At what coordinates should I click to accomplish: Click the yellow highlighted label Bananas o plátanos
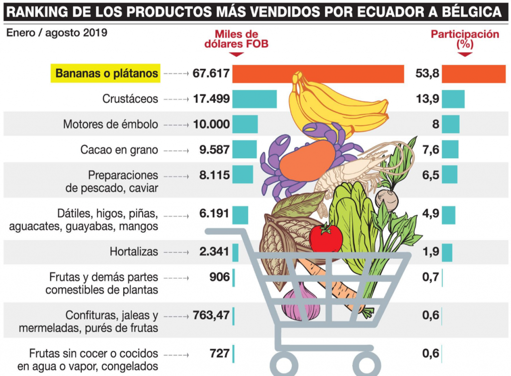pos(106,74)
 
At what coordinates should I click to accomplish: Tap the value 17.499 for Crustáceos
pos(211,99)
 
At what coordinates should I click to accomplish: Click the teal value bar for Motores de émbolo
pos(245,124)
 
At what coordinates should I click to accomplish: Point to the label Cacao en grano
pos(119,150)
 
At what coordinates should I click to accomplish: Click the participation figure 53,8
pos(427,74)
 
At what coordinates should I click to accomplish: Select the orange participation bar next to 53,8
pos(474,74)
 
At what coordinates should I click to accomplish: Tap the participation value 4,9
pos(431,214)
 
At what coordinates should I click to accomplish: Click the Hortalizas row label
pos(134,252)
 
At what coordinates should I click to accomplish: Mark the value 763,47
pos(211,316)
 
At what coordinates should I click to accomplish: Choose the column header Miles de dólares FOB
pos(236,39)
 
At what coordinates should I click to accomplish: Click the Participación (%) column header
pos(465,39)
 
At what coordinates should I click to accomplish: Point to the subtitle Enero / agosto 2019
pos(57,33)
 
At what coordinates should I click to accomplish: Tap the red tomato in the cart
pos(325,238)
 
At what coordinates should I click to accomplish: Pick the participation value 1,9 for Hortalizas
pos(431,252)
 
